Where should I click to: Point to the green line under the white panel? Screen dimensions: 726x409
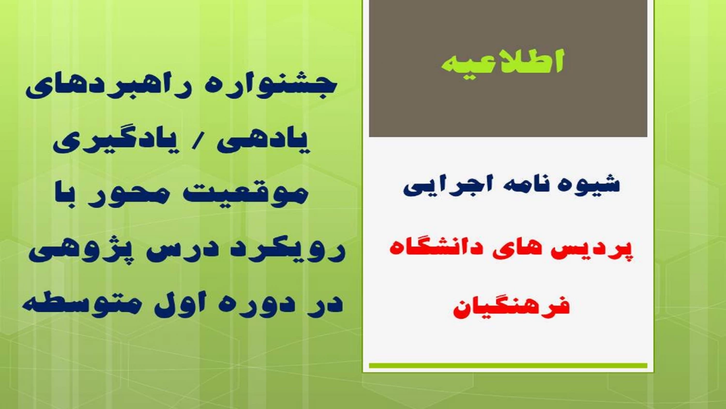(x=508, y=365)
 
